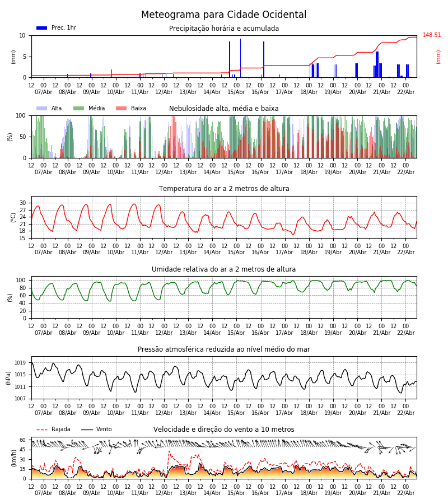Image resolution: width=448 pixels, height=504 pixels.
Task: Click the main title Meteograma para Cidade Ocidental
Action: (223, 15)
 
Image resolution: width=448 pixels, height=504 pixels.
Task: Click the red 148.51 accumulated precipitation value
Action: (432, 35)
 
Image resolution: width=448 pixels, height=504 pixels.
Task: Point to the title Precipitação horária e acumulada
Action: (223, 29)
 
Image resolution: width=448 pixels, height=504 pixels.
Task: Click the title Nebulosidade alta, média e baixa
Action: (223, 109)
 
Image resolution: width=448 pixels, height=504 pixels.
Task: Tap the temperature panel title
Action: (223, 189)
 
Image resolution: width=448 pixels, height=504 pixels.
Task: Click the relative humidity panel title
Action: (223, 269)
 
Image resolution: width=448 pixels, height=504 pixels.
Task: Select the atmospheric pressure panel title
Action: (223, 349)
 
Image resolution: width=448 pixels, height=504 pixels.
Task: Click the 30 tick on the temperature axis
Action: (22, 203)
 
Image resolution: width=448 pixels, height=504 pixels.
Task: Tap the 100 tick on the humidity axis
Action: (21, 280)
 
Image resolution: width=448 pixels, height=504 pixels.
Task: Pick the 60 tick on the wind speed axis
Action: (22, 440)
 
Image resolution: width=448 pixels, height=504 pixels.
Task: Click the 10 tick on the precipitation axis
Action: (22, 35)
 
